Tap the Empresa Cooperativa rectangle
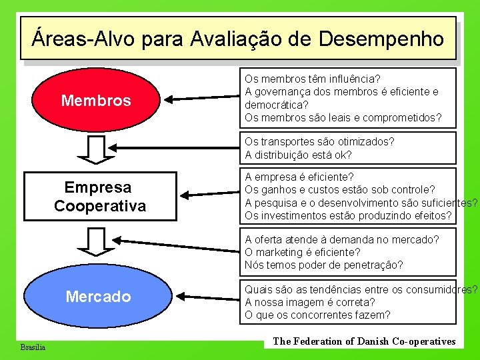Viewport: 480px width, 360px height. pyautogui.click(x=99, y=196)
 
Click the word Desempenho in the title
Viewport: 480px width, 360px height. pyautogui.click(x=381, y=39)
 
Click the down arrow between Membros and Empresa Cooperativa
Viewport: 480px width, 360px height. pyautogui.click(x=97, y=149)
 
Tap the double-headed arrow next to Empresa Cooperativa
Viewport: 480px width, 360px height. pyautogui.click(x=209, y=194)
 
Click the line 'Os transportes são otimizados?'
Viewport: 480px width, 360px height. pyautogui.click(x=319, y=141)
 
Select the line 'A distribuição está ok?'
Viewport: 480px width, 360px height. pyautogui.click(x=298, y=155)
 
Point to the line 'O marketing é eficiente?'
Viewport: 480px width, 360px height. pyautogui.click(x=302, y=252)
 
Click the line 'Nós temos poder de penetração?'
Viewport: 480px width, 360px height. pyautogui.click(x=323, y=265)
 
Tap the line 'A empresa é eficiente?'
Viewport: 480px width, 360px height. pyautogui.click(x=299, y=177)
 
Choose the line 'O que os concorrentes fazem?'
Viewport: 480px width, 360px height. pyautogui.click(x=317, y=315)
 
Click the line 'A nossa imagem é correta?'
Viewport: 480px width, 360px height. pyautogui.click(x=310, y=302)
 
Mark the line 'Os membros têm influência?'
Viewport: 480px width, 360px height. pyautogui.click(x=313, y=79)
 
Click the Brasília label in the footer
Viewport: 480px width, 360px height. pyautogui.click(x=33, y=347)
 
